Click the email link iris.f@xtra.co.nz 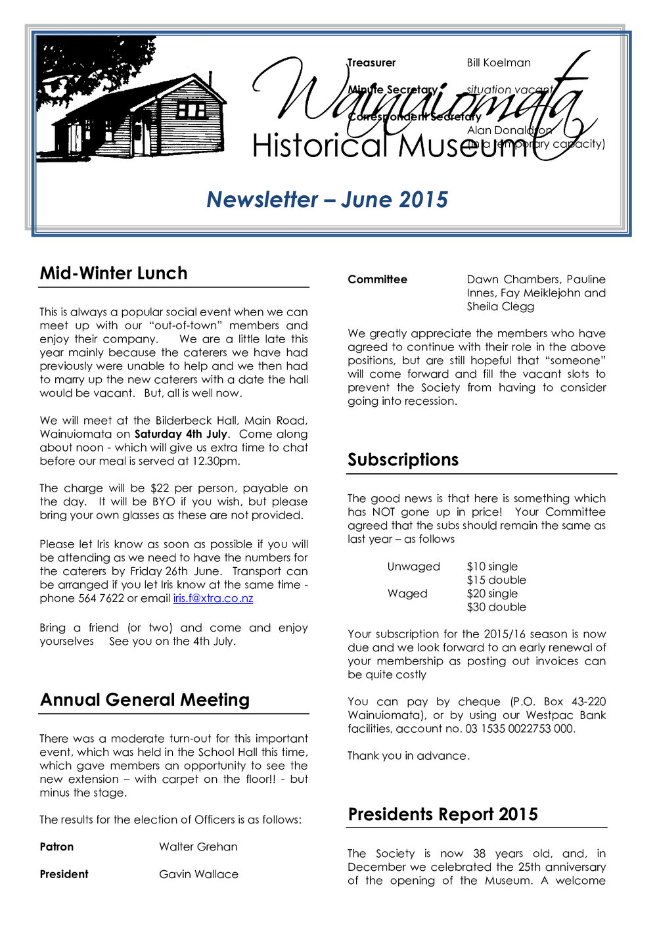click(x=213, y=598)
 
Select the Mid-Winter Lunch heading click(x=114, y=273)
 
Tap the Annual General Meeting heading click(x=145, y=700)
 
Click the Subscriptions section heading click(x=403, y=459)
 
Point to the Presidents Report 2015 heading click(x=442, y=814)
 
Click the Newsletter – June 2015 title click(x=327, y=200)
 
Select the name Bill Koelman click(x=499, y=63)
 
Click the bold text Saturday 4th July click(x=181, y=434)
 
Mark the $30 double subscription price click(x=496, y=607)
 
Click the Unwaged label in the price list click(x=413, y=567)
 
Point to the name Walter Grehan click(x=198, y=847)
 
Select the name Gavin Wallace click(x=198, y=874)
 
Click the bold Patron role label click(x=57, y=847)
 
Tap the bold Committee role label click(x=377, y=279)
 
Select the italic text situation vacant click(x=509, y=90)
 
